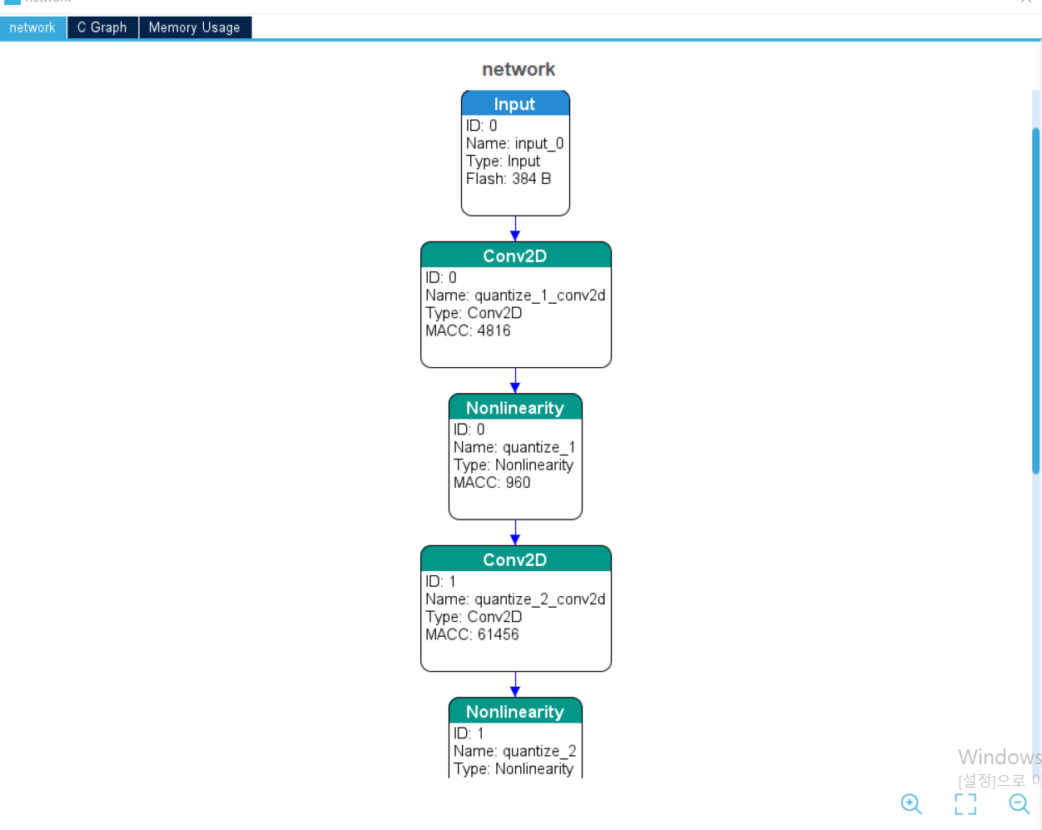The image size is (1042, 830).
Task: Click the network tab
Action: (33, 27)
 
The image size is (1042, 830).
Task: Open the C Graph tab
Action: (102, 27)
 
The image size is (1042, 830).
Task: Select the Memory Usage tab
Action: (195, 27)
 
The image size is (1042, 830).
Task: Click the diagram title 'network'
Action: (519, 69)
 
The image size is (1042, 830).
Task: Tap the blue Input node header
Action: (515, 104)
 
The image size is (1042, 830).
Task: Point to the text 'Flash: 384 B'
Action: (509, 179)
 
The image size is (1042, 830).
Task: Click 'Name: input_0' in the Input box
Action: (514, 143)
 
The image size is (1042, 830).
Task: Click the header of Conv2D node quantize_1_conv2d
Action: (516, 256)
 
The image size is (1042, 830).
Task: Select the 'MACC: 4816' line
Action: (468, 331)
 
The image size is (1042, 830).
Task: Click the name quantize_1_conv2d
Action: (540, 296)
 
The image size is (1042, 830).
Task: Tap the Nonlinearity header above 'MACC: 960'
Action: (515, 407)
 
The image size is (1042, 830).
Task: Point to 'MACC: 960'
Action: (492, 483)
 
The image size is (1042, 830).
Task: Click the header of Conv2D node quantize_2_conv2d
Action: (516, 559)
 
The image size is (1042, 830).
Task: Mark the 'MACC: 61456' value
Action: (472, 634)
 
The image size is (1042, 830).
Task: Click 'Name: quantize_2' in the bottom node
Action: (514, 751)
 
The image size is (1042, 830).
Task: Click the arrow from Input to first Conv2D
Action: (515, 229)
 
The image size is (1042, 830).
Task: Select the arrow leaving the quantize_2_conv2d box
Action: (515, 684)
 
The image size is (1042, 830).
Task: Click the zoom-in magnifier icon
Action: (911, 804)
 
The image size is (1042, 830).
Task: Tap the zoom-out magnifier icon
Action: (1020, 804)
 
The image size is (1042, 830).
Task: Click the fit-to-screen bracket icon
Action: (965, 804)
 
